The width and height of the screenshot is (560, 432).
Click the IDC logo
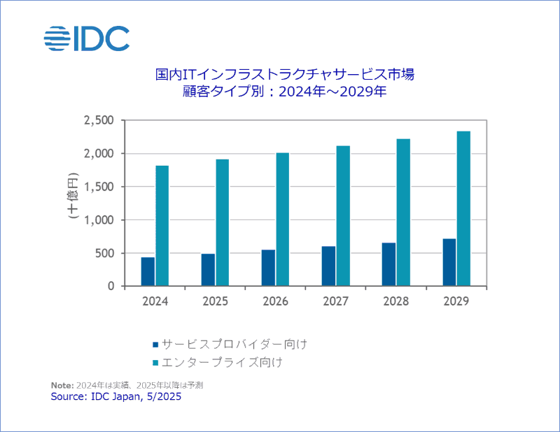coord(87,38)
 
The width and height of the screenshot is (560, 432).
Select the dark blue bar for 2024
coord(148,272)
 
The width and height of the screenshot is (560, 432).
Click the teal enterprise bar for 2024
coord(162,226)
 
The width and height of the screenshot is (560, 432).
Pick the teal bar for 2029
coord(463,208)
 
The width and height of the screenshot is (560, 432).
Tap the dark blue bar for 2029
coord(449,262)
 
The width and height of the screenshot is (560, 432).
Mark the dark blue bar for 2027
coord(328,266)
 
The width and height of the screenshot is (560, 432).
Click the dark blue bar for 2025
coord(208,270)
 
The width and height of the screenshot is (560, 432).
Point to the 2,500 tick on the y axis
coord(99,120)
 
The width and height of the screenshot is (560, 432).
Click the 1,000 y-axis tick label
coord(99,220)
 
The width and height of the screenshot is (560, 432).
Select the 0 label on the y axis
coord(111,287)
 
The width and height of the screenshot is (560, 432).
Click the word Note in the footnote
coord(62,385)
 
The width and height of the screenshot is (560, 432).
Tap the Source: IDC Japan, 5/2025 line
coord(116,396)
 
